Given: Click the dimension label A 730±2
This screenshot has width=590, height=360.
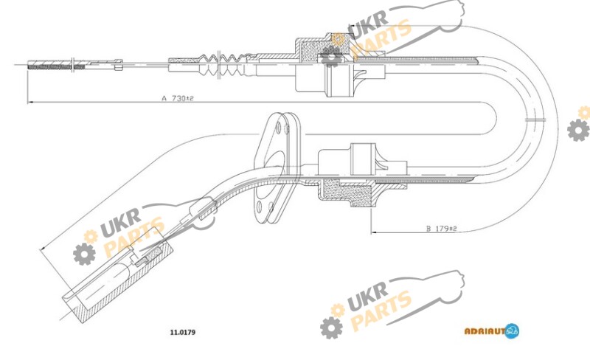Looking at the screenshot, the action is pyautogui.click(x=178, y=98).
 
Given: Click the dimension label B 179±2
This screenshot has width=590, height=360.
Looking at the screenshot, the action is pyautogui.click(x=441, y=229).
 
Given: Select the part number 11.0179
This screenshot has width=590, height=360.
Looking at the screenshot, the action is pyautogui.click(x=183, y=332).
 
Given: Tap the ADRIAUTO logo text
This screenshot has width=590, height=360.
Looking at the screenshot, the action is pyautogui.click(x=485, y=331).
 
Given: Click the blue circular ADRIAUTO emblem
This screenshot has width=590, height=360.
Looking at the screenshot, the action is pyautogui.click(x=512, y=330).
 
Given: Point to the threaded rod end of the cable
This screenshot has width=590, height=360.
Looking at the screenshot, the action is pyautogui.click(x=57, y=65).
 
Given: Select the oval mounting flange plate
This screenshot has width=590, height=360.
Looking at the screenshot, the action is pyautogui.click(x=277, y=167).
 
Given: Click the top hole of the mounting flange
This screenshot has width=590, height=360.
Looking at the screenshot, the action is pyautogui.click(x=278, y=126).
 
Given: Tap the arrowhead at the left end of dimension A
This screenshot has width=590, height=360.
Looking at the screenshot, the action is pyautogui.click(x=30, y=102).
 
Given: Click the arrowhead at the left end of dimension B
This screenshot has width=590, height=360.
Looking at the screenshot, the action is pyautogui.click(x=374, y=232).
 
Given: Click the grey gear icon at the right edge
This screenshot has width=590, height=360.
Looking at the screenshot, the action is pyautogui.click(x=578, y=130).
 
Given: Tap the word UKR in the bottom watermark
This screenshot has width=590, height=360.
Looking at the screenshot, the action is pyautogui.click(x=367, y=296).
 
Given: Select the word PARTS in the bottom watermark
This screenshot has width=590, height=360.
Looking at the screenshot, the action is pyautogui.click(x=381, y=311).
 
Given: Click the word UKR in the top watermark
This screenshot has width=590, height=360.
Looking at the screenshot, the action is pyautogui.click(x=367, y=25).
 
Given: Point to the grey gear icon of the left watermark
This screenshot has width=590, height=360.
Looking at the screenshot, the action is pyautogui.click(x=84, y=254).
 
